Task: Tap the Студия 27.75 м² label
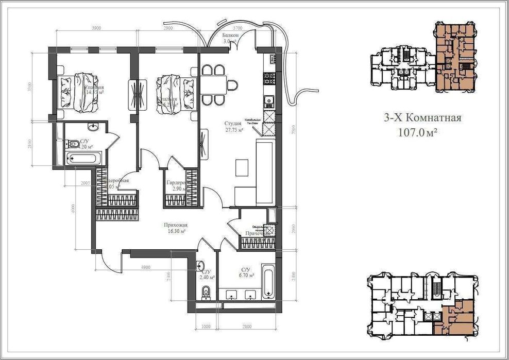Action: click(233, 127)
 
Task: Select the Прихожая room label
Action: click(176, 228)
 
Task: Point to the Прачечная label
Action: click(258, 233)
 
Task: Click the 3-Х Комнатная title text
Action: click(422, 118)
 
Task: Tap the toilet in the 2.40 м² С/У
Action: click(206, 293)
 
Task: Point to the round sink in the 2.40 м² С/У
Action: click(200, 266)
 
